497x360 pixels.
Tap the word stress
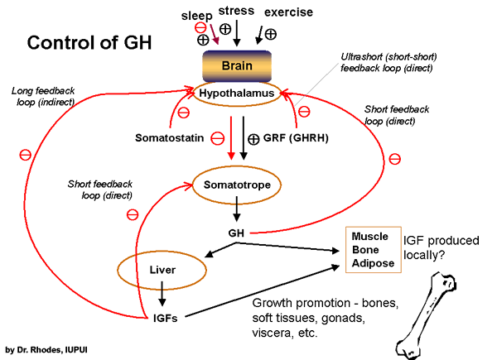point(236,11)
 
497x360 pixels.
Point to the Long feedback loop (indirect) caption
point(46,94)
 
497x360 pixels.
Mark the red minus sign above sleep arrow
point(200,27)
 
